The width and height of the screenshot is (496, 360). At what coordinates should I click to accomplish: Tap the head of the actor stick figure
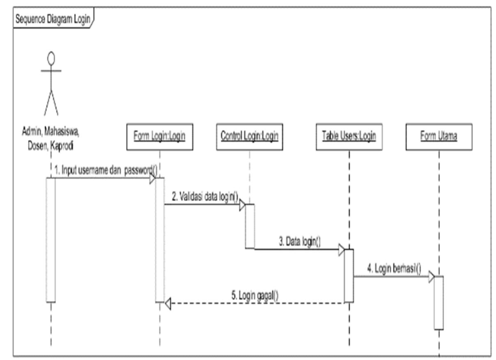pos(51,59)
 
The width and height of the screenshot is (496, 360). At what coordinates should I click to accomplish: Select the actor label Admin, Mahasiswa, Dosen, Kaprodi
pos(51,139)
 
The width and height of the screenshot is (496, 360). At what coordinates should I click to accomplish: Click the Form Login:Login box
pos(160,136)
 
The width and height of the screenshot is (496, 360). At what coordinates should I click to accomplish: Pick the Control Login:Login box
pos(249,136)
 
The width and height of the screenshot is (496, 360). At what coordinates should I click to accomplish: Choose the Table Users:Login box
pos(349,136)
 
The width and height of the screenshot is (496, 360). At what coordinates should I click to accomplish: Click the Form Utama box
pos(439,136)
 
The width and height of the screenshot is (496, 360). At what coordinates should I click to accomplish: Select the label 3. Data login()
pos(300,242)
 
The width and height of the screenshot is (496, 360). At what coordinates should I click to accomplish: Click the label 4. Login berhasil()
pos(394,269)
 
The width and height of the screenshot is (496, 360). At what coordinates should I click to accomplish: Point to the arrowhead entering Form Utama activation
pos(431,277)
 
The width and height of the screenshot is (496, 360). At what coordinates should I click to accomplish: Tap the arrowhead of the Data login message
pos(341,249)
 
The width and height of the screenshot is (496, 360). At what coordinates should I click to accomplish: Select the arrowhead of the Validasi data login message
pos(242,205)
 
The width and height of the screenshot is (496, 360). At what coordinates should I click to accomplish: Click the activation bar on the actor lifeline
pos(51,240)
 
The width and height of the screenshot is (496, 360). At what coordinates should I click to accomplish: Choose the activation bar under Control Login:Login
pos(250,226)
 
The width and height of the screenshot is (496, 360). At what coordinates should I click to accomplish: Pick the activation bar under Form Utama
pos(439,302)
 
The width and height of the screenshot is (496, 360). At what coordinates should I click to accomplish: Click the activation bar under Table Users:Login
pos(349,276)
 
